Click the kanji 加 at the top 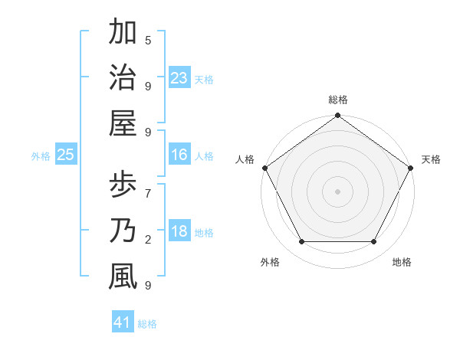123,33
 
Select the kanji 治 123,77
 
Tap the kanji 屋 123,122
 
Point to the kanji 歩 123,186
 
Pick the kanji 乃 123,231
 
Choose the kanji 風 123,276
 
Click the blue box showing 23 179,77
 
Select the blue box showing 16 179,155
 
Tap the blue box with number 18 179,231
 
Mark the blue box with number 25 66,155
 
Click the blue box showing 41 123,322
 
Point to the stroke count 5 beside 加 148,40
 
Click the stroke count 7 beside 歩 148,186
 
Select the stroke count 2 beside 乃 148,241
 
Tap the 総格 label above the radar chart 338,100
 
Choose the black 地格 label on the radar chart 402,262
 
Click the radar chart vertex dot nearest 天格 412,168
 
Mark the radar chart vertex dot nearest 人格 264,168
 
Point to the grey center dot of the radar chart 338,191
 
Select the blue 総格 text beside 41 147,324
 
